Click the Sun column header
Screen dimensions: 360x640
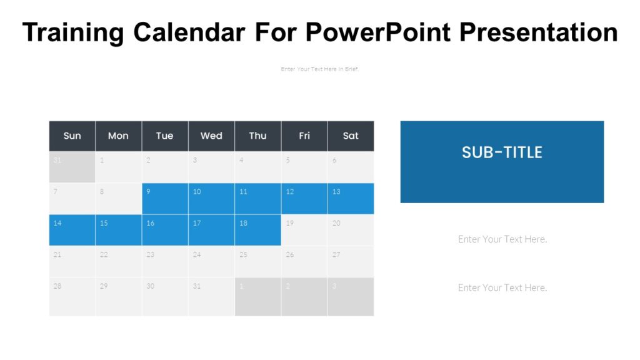(x=72, y=136)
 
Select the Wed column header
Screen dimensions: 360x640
(x=211, y=136)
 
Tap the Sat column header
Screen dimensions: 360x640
(x=351, y=136)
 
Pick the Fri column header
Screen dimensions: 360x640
(x=304, y=136)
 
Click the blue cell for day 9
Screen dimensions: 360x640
(x=165, y=199)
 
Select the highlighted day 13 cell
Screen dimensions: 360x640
(x=351, y=199)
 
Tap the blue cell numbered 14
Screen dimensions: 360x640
(x=72, y=230)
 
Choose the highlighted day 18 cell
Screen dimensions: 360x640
(x=257, y=230)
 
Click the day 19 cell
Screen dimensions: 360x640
(x=304, y=230)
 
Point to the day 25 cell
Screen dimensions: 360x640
(x=257, y=261)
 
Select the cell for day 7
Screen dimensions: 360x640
(x=72, y=199)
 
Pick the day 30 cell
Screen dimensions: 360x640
(x=165, y=296)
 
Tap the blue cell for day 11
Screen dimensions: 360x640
(x=257, y=199)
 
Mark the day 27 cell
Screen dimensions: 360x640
(x=351, y=261)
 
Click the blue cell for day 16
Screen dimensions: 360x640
(x=165, y=230)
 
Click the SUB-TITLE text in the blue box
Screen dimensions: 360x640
(x=502, y=152)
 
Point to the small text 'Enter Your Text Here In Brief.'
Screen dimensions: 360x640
(x=320, y=69)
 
